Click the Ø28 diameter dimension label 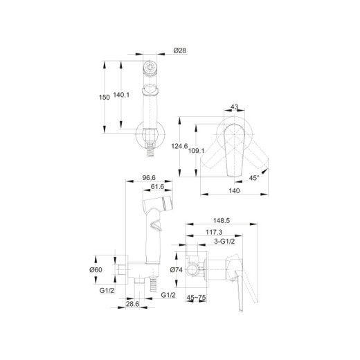point(180,51)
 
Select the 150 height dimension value point(105,98)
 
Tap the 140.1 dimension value point(121,95)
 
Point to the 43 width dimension point(234,107)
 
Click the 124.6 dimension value point(179,146)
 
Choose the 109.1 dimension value point(196,151)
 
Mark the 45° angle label point(254,178)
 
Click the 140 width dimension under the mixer point(234,191)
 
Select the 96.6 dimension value point(149,178)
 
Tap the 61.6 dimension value point(157,186)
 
